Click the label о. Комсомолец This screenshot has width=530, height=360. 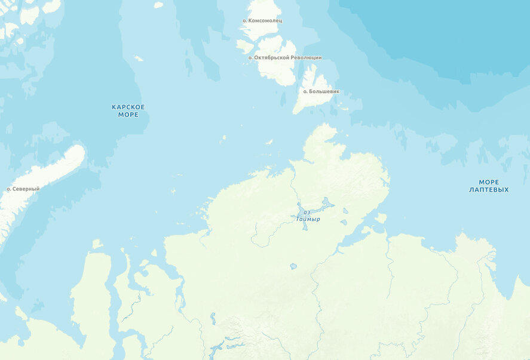262,21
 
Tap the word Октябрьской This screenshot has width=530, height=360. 271,58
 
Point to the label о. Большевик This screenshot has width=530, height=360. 321,91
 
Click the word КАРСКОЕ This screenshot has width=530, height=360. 128,107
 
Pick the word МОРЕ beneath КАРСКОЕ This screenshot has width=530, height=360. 128,114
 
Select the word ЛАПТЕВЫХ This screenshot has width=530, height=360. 489,190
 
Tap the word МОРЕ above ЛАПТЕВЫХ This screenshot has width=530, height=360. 489,182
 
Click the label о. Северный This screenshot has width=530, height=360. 23,189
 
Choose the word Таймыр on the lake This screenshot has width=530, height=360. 308,219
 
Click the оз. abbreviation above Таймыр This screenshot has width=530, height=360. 307,212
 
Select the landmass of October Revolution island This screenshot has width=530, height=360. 278,69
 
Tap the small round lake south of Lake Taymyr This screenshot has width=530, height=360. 293,266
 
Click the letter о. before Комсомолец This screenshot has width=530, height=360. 245,21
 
